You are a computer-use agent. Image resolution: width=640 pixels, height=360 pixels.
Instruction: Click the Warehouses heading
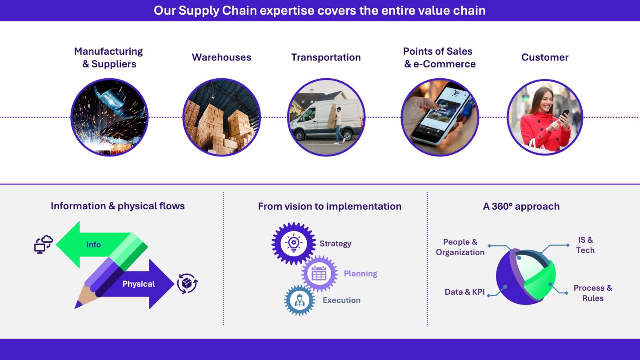pyautogui.click(x=221, y=57)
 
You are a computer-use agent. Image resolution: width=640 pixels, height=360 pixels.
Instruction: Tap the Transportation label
pyautogui.click(x=326, y=57)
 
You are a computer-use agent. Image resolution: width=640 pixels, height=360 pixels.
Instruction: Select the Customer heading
pyautogui.click(x=545, y=57)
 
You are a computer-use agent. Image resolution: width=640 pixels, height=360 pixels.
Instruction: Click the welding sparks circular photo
pyautogui.click(x=109, y=117)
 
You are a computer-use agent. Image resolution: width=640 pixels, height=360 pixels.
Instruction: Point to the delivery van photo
pyautogui.click(x=326, y=117)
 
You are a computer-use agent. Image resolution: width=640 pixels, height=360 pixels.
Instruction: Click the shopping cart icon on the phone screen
pyautogui.click(x=456, y=92)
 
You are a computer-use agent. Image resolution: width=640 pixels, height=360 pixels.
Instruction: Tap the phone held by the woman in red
pyautogui.click(x=564, y=116)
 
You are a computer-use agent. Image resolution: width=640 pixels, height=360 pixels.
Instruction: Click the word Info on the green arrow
pyautogui.click(x=93, y=244)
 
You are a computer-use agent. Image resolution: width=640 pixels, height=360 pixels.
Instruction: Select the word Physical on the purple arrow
pyautogui.click(x=139, y=284)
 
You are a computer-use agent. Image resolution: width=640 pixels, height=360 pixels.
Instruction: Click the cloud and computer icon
pyautogui.click(x=44, y=244)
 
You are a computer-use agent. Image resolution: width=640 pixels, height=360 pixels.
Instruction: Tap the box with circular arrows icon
pyautogui.click(x=188, y=284)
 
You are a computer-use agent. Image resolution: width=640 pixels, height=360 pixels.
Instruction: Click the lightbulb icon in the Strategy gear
pyautogui.click(x=293, y=244)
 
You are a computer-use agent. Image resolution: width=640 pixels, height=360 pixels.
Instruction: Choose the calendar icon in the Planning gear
pyautogui.click(x=319, y=273)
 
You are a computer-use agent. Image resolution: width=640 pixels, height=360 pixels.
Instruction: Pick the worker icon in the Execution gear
pyautogui.click(x=300, y=300)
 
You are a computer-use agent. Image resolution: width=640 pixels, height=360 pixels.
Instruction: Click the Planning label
pyautogui.click(x=360, y=274)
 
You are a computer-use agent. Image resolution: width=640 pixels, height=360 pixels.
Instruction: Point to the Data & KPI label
pyautogui.click(x=464, y=292)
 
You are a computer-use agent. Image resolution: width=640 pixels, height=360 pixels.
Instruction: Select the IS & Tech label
pyautogui.click(x=585, y=245)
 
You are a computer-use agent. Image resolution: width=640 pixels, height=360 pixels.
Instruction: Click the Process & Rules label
pyautogui.click(x=593, y=293)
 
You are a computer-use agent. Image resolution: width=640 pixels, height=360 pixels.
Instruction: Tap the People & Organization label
pyautogui.click(x=460, y=247)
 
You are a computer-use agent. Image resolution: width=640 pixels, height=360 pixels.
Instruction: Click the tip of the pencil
pyautogui.click(x=75, y=308)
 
